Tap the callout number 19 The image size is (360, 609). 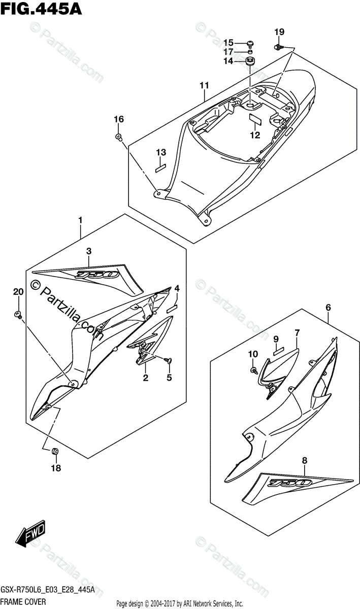(279, 32)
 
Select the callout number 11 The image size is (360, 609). (204, 85)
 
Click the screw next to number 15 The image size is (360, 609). (251, 43)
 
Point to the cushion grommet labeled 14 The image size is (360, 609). (250, 62)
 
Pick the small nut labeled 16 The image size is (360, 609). (118, 137)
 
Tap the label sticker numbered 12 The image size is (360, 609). (254, 121)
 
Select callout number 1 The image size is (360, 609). (80, 220)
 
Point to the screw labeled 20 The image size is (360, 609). (19, 315)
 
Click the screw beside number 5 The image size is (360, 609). (169, 360)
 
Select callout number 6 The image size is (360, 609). (329, 307)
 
